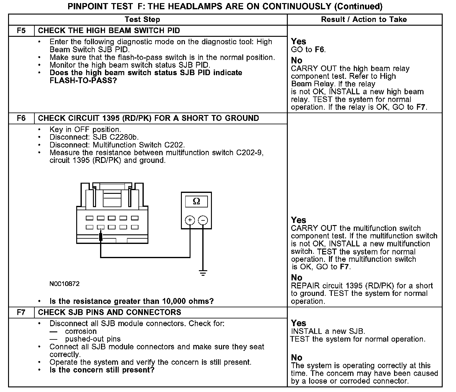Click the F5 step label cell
click(x=21, y=31)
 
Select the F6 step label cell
click(x=21, y=118)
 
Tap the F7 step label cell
click(x=21, y=312)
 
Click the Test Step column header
click(x=142, y=19)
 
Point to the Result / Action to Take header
click(x=364, y=19)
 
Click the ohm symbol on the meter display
click(x=196, y=202)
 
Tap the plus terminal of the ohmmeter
click(x=190, y=220)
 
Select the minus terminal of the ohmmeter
click(x=203, y=220)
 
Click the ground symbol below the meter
click(x=203, y=273)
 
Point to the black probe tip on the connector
click(x=101, y=236)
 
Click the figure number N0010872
click(x=64, y=284)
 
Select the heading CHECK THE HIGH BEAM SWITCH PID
click(x=109, y=31)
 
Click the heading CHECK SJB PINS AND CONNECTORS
click(x=110, y=312)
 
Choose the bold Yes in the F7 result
click(x=299, y=323)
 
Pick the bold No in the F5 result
click(x=297, y=61)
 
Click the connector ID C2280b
click(x=124, y=137)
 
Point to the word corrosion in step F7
click(x=81, y=331)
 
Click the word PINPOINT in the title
click(x=87, y=6)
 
